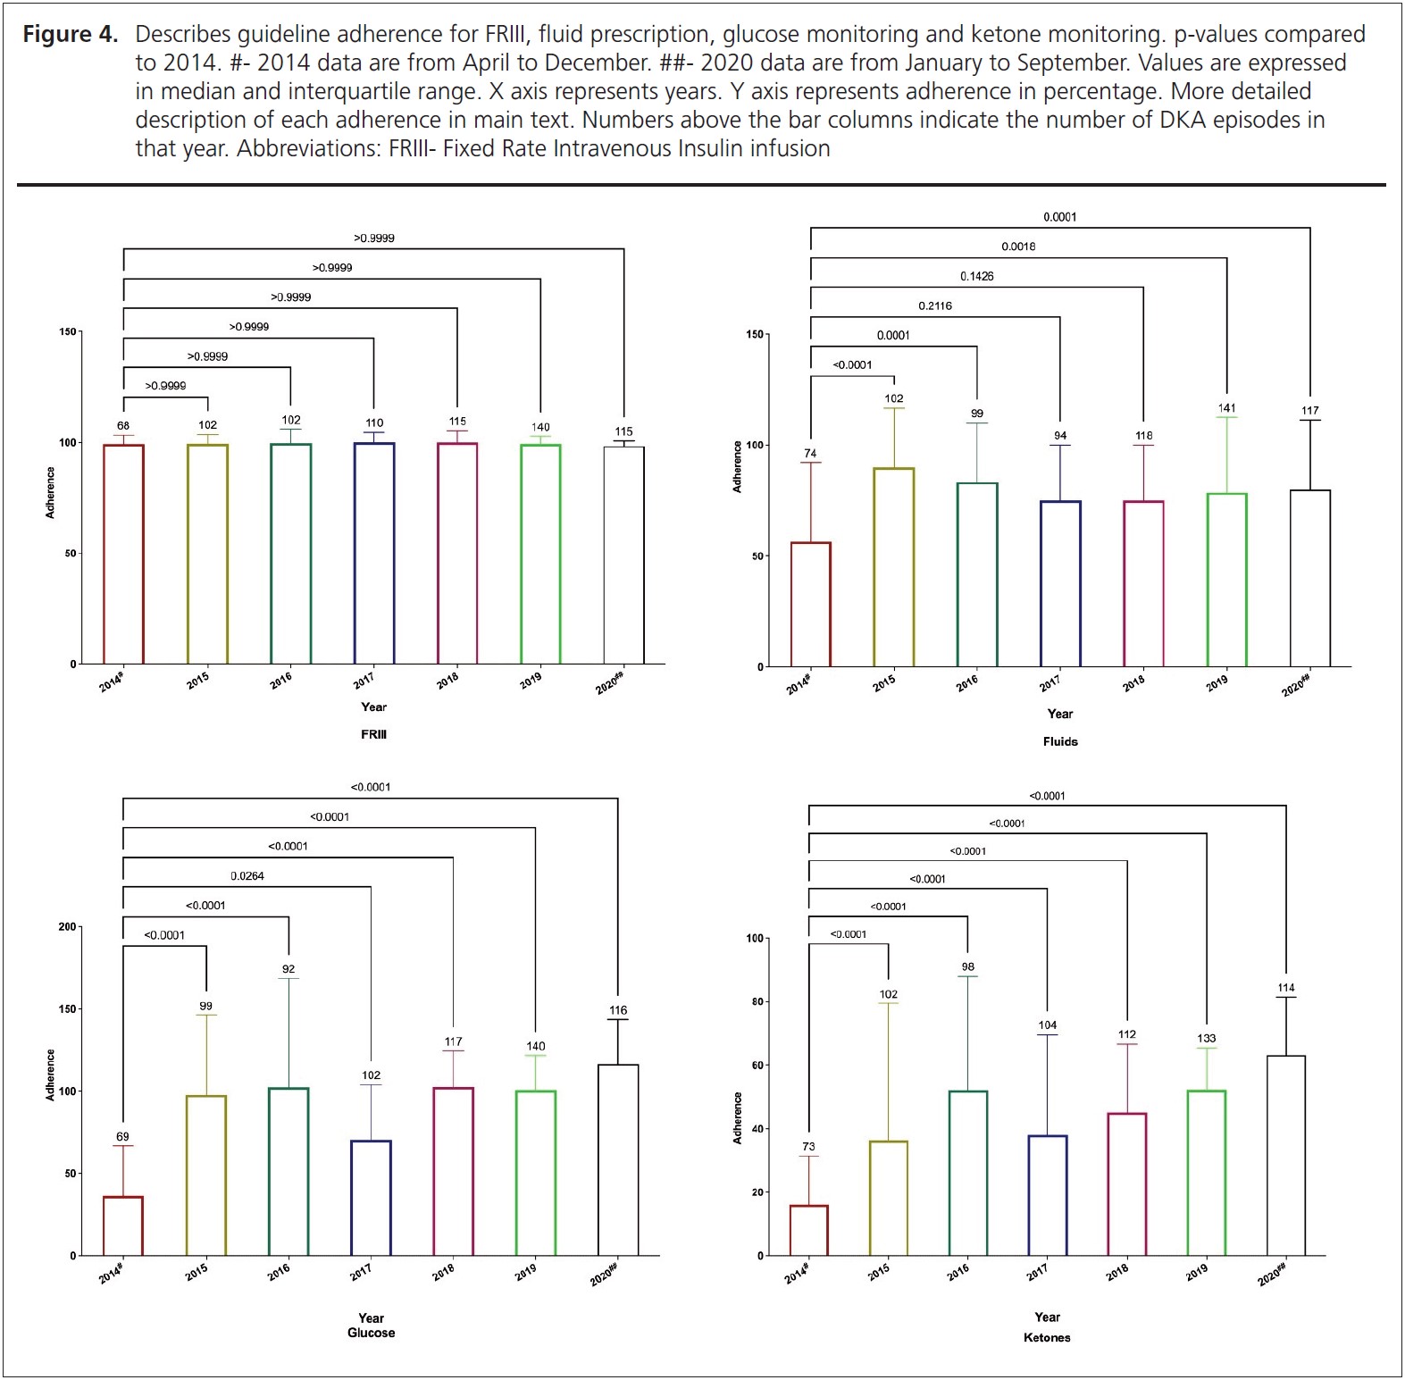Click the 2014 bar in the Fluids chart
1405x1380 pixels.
tap(811, 604)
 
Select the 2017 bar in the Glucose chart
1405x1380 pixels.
tap(371, 1198)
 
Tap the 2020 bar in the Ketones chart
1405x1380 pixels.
tap(1286, 1156)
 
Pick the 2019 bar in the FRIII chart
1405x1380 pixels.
tap(540, 554)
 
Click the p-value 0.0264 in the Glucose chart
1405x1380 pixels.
tap(247, 876)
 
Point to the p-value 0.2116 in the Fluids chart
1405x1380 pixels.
tap(935, 306)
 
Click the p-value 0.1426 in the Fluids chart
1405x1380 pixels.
tap(976, 277)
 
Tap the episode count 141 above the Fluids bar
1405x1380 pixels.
tap(1227, 408)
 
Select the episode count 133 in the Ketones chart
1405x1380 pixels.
tap(1206, 1039)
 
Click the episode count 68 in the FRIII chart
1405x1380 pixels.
tap(123, 426)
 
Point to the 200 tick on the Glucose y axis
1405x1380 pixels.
tap(68, 927)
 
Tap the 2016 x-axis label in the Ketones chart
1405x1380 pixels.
tap(958, 1272)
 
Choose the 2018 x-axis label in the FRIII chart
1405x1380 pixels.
tap(447, 680)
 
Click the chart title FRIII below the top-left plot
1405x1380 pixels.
tap(373, 735)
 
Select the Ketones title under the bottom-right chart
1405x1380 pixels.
tap(1047, 1338)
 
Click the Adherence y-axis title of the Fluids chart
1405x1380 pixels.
tap(737, 467)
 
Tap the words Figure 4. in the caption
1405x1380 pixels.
tap(71, 35)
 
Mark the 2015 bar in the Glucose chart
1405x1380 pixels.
tap(206, 1175)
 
